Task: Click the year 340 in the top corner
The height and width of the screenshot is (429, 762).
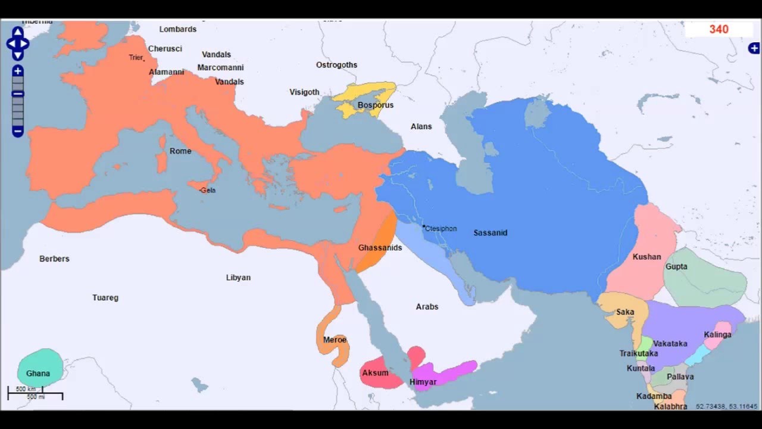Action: point(719,29)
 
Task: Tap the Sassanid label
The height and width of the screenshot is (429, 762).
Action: point(491,233)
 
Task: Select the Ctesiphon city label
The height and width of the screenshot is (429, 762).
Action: point(441,228)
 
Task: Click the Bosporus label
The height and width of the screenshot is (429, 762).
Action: point(376,105)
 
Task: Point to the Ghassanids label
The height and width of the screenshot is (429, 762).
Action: point(380,248)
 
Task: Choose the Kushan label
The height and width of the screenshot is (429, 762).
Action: point(647,257)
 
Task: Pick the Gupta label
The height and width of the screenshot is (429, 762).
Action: point(676,266)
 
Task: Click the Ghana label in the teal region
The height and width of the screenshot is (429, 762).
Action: point(38,374)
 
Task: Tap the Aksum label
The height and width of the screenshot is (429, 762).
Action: point(375,373)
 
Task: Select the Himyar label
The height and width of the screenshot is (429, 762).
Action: point(423,382)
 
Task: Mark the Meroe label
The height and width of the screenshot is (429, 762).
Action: point(335,340)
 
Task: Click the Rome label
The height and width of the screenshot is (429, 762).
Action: point(180,151)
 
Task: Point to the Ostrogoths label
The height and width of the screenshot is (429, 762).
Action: point(336,65)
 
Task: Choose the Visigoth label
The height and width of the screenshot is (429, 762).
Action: point(304,92)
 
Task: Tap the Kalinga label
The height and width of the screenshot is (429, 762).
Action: point(717,335)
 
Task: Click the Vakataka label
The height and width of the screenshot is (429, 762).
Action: point(670,344)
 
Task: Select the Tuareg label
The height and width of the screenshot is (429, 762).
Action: point(105,298)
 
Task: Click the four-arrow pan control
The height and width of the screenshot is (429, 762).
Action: point(18,43)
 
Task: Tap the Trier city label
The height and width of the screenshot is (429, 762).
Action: point(136,58)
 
